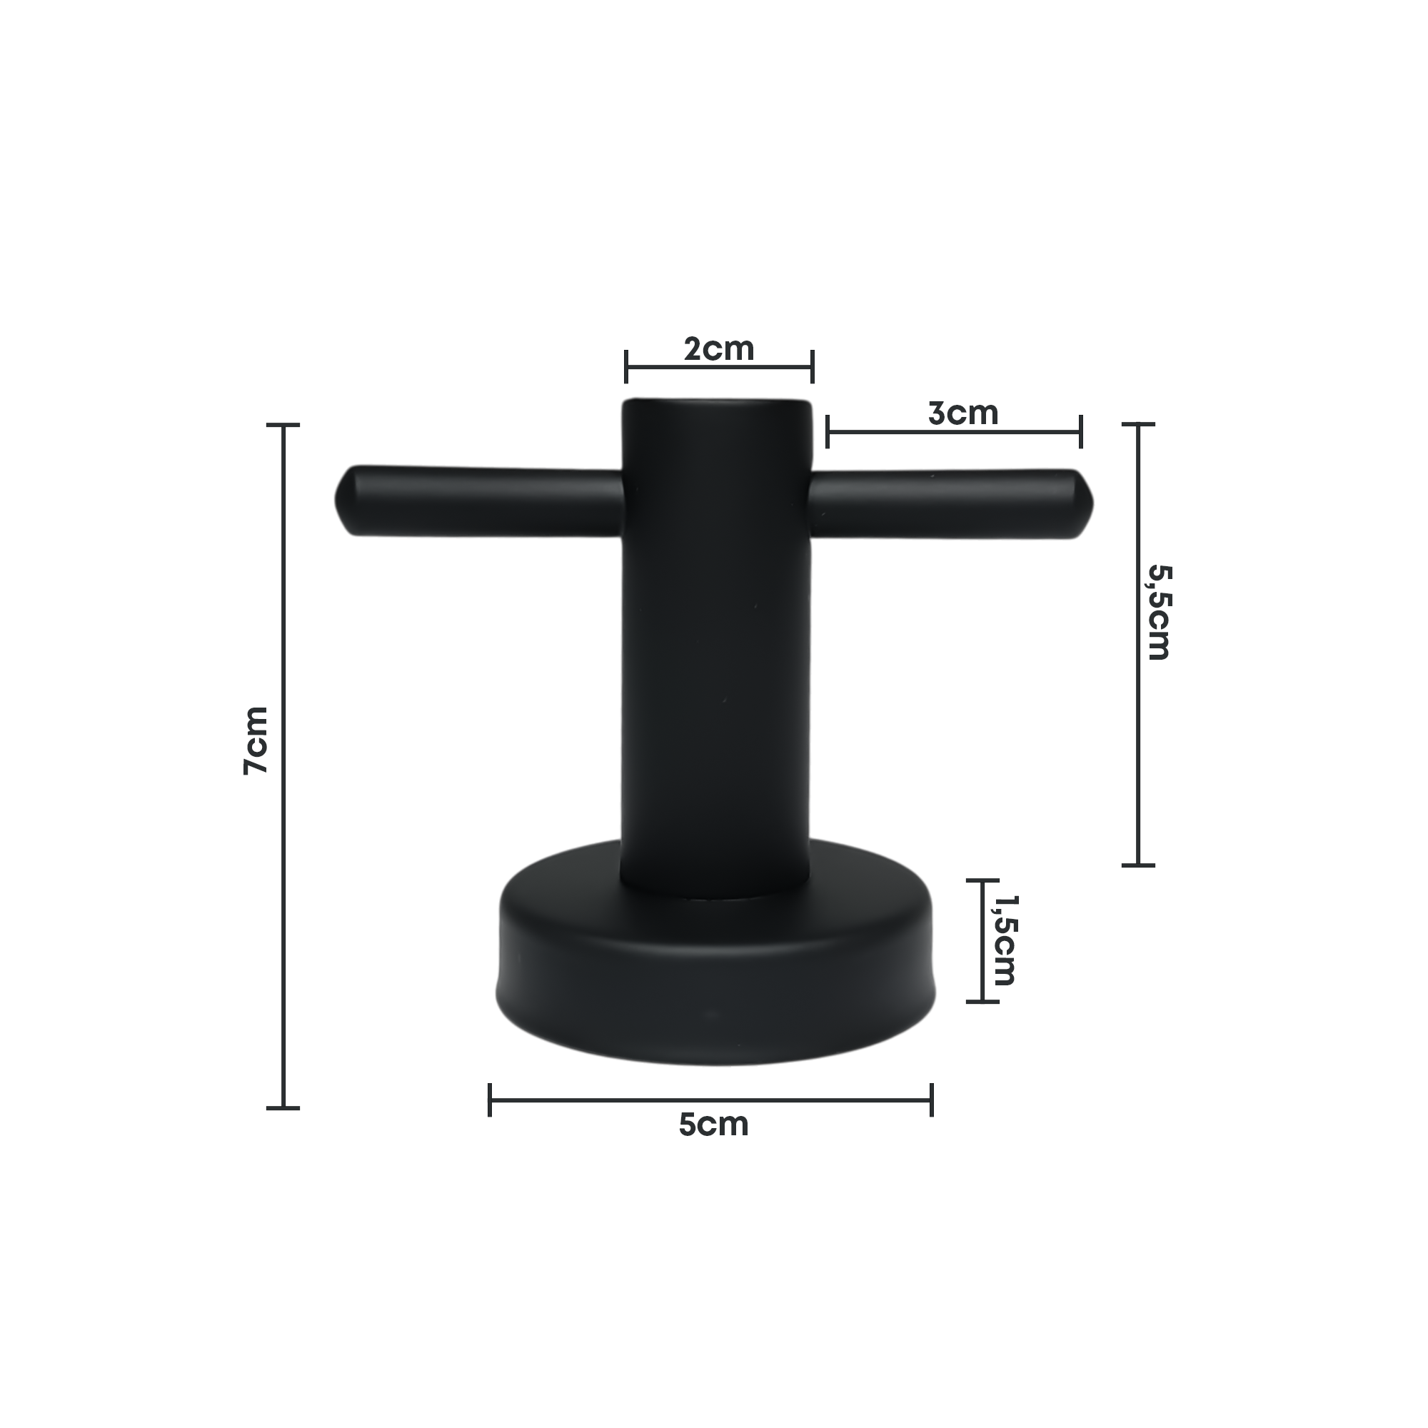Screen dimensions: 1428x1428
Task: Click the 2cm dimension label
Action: pos(718,349)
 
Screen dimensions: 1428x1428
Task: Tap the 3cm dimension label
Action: pos(963,413)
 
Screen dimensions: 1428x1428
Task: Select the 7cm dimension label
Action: pos(256,740)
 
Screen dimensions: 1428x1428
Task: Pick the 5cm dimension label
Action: pos(713,1125)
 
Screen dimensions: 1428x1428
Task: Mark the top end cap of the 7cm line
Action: pos(283,425)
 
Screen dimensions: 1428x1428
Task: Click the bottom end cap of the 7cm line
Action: pos(283,1108)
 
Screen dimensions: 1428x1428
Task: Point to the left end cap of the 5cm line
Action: pos(490,1100)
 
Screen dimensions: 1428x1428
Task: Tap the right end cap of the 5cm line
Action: pos(931,1100)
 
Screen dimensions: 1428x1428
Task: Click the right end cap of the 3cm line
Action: pos(1080,432)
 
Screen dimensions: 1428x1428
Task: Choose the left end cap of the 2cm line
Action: pos(626,366)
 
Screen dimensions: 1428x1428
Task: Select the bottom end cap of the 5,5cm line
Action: pos(1138,865)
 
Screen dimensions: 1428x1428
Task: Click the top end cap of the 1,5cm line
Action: pos(982,880)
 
